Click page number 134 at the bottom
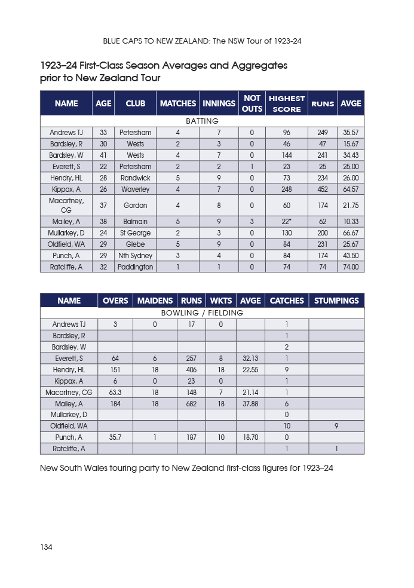pyautogui.click(x=46, y=547)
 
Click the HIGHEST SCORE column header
pyautogui.click(x=287, y=103)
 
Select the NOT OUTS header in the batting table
pyautogui.click(x=252, y=103)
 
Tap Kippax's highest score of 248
pyautogui.click(x=287, y=189)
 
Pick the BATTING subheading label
pyautogui.click(x=202, y=121)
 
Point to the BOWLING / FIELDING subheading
pyautogui.click(x=202, y=313)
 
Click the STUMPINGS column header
pyautogui.click(x=336, y=301)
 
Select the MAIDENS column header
pyautogui.click(x=155, y=301)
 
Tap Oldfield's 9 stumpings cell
pyautogui.click(x=336, y=426)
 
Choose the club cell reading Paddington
pyautogui.click(x=136, y=267)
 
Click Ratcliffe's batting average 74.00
pyautogui.click(x=351, y=267)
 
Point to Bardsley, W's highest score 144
pyautogui.click(x=287, y=155)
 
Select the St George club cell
pyautogui.click(x=136, y=233)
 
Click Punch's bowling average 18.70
pyautogui.click(x=250, y=437)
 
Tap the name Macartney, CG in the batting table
pyautogui.click(x=66, y=206)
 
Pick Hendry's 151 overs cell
pyautogui.click(x=115, y=369)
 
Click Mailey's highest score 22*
pyautogui.click(x=287, y=222)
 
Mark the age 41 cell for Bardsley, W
pyautogui.click(x=103, y=155)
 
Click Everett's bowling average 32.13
pyautogui.click(x=250, y=358)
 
